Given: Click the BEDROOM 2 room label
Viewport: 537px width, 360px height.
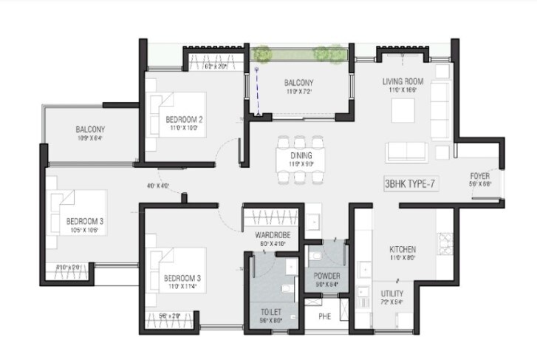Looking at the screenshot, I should (x=184, y=120).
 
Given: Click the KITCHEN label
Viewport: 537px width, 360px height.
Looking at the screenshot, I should (x=403, y=250).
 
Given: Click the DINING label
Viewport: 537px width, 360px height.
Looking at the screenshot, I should (x=301, y=156).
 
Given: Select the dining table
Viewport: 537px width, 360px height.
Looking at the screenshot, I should (x=301, y=160).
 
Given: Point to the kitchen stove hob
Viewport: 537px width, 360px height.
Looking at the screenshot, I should (x=446, y=240).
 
